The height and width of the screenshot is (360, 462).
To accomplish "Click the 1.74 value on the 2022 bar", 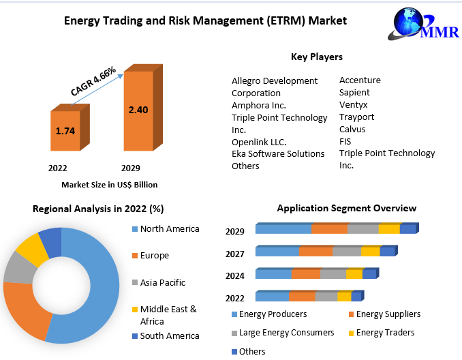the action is (65, 131).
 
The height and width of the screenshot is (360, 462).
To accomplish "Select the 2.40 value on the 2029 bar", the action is (138, 110).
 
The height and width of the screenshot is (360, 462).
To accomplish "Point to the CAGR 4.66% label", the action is (93, 81).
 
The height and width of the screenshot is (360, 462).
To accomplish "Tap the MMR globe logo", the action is (423, 24).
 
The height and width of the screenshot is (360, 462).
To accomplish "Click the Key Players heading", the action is (317, 57).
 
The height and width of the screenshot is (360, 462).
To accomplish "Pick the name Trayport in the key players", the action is (356, 117).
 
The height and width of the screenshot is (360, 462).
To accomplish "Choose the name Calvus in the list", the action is (352, 129).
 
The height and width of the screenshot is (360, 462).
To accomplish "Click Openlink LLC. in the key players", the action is (259, 142).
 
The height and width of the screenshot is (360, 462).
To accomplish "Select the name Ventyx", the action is (353, 105).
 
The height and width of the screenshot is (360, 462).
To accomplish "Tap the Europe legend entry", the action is (151, 255).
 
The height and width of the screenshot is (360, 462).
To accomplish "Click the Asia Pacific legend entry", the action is (159, 282).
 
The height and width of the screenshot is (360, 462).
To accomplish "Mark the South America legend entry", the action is (166, 336).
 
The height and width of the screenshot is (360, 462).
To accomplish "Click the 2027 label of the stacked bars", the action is (235, 254).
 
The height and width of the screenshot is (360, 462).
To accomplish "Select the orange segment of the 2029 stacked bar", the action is (329, 229).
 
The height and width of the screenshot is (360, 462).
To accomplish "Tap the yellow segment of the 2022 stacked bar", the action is (344, 296).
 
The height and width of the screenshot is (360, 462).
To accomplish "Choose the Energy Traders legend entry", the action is (382, 333).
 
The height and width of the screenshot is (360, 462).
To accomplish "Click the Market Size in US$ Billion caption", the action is (109, 185).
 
